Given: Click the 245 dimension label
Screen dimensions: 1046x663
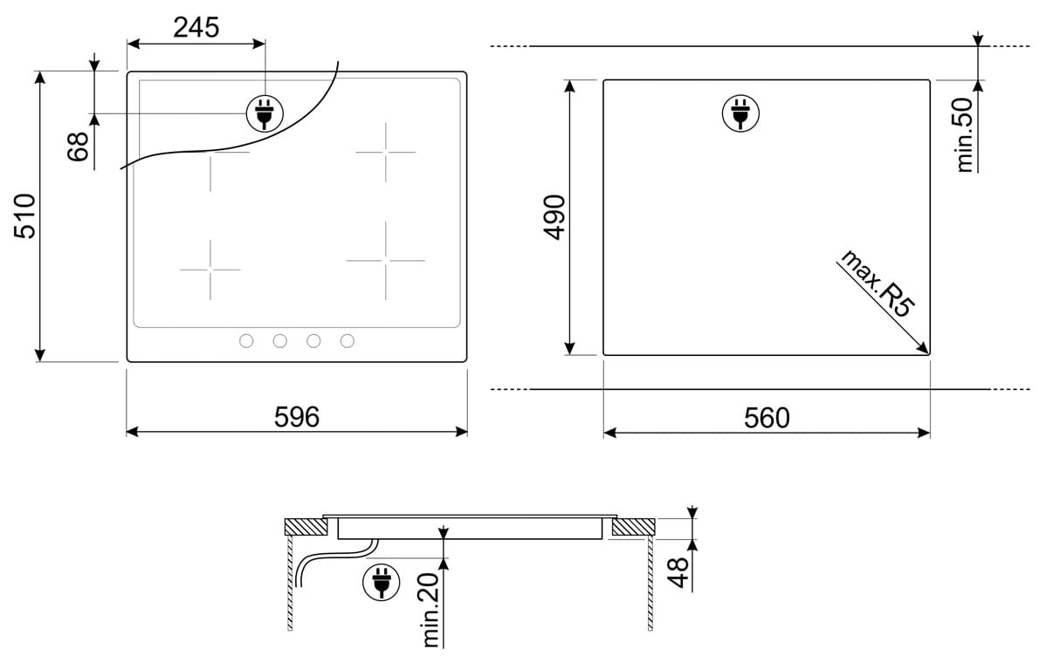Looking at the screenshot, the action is click(196, 27).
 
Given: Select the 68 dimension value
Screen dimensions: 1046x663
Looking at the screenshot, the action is click(78, 147).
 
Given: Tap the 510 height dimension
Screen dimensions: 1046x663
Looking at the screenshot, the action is click(24, 215).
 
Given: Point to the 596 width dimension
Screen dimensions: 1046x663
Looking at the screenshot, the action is click(297, 417).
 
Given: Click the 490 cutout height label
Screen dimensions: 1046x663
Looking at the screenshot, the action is click(554, 217).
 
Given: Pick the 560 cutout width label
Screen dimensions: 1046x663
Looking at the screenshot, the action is click(767, 418).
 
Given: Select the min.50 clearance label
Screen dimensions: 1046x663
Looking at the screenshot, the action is click(964, 135).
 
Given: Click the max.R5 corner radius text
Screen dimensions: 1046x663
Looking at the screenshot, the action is click(877, 283).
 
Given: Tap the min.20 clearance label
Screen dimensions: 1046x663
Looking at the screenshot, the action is click(431, 610).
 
